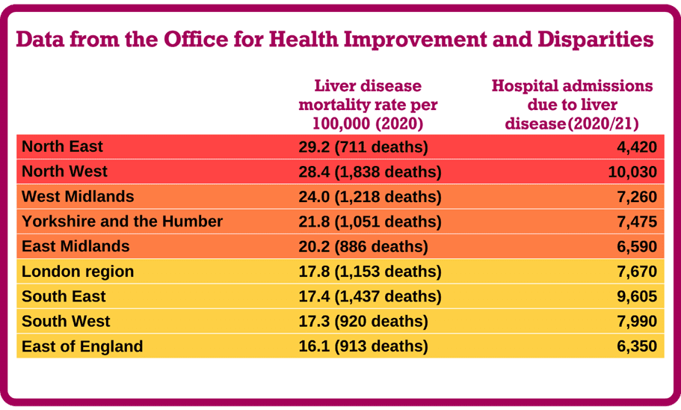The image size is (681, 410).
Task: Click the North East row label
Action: point(62,147)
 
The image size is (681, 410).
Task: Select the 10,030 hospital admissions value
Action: point(632,172)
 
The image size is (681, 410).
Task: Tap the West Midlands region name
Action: point(78,197)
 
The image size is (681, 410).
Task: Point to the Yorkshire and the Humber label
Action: point(122,221)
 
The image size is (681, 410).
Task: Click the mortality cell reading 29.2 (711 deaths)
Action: point(363,147)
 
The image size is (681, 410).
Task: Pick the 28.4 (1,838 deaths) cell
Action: point(369,172)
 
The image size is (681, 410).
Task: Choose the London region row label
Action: point(78,272)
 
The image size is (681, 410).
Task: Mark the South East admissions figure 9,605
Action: point(637,296)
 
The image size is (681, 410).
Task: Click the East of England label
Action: point(82,346)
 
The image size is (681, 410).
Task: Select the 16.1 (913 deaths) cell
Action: point(363,346)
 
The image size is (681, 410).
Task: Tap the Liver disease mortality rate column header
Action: point(368,105)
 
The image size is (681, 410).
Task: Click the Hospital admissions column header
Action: point(572,105)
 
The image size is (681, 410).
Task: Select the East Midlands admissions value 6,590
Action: point(637,246)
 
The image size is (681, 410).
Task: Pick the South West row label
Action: point(66,321)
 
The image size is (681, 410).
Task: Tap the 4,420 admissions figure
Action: point(637,147)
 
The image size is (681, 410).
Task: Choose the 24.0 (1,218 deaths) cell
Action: point(369,197)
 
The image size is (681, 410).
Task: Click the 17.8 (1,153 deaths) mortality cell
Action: point(369,272)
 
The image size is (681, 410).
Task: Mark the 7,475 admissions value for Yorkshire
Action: point(637,221)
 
